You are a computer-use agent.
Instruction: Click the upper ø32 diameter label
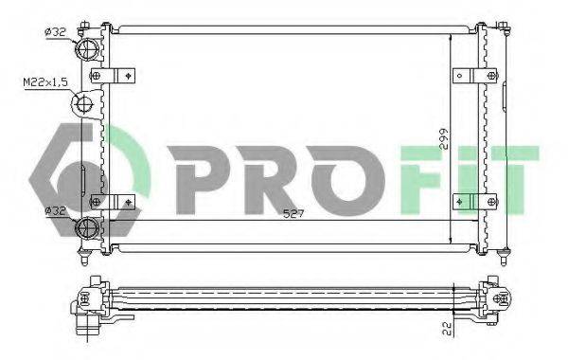click(56, 33)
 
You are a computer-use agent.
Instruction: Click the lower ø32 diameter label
click(56, 209)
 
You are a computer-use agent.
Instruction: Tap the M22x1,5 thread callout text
click(44, 83)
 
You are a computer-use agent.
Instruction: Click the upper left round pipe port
click(90, 49)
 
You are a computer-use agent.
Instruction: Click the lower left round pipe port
click(89, 226)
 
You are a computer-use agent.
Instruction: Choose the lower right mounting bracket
click(474, 200)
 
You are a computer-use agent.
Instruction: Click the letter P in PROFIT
click(193, 178)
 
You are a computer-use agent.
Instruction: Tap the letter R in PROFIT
click(267, 178)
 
